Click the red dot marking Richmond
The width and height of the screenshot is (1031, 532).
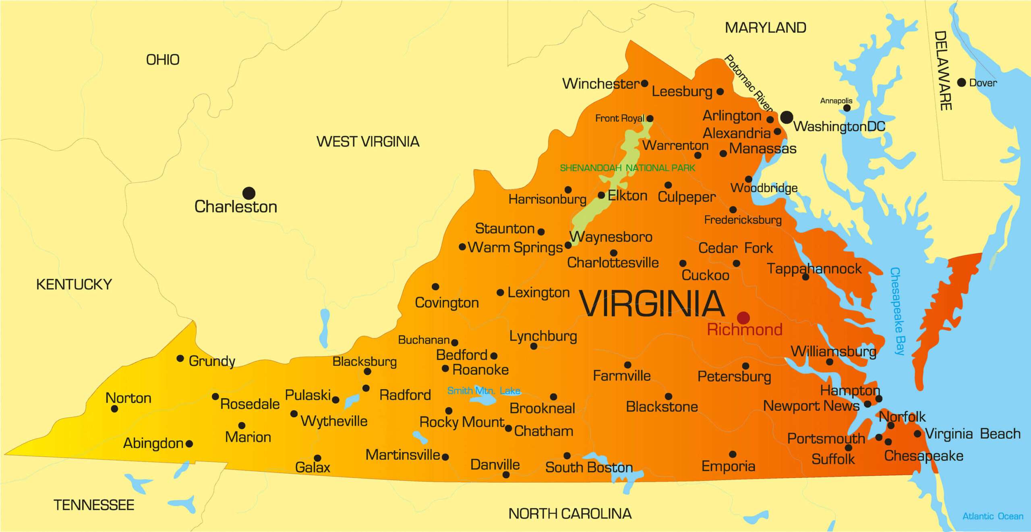(x=743, y=318)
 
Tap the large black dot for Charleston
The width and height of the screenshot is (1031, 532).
(x=249, y=193)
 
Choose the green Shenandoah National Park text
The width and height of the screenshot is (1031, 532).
(x=627, y=168)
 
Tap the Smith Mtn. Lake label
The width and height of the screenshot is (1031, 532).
(x=483, y=390)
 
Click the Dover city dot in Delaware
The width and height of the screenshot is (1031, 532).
(x=961, y=82)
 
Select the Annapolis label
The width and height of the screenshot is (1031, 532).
(x=836, y=101)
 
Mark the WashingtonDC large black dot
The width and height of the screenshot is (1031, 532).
(x=787, y=118)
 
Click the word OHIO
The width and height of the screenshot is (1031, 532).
(x=163, y=60)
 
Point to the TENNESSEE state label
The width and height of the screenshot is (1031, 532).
(x=94, y=505)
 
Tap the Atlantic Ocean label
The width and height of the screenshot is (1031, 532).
(x=993, y=516)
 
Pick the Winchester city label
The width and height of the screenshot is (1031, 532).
(x=600, y=84)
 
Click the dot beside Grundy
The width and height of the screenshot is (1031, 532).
(x=180, y=358)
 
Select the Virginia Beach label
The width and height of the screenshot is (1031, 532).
(x=973, y=434)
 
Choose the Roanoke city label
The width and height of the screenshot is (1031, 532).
(x=480, y=370)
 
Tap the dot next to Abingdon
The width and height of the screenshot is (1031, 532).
(x=189, y=443)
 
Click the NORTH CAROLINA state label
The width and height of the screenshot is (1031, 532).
(x=570, y=513)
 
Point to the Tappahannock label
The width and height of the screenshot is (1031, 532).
(x=814, y=268)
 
